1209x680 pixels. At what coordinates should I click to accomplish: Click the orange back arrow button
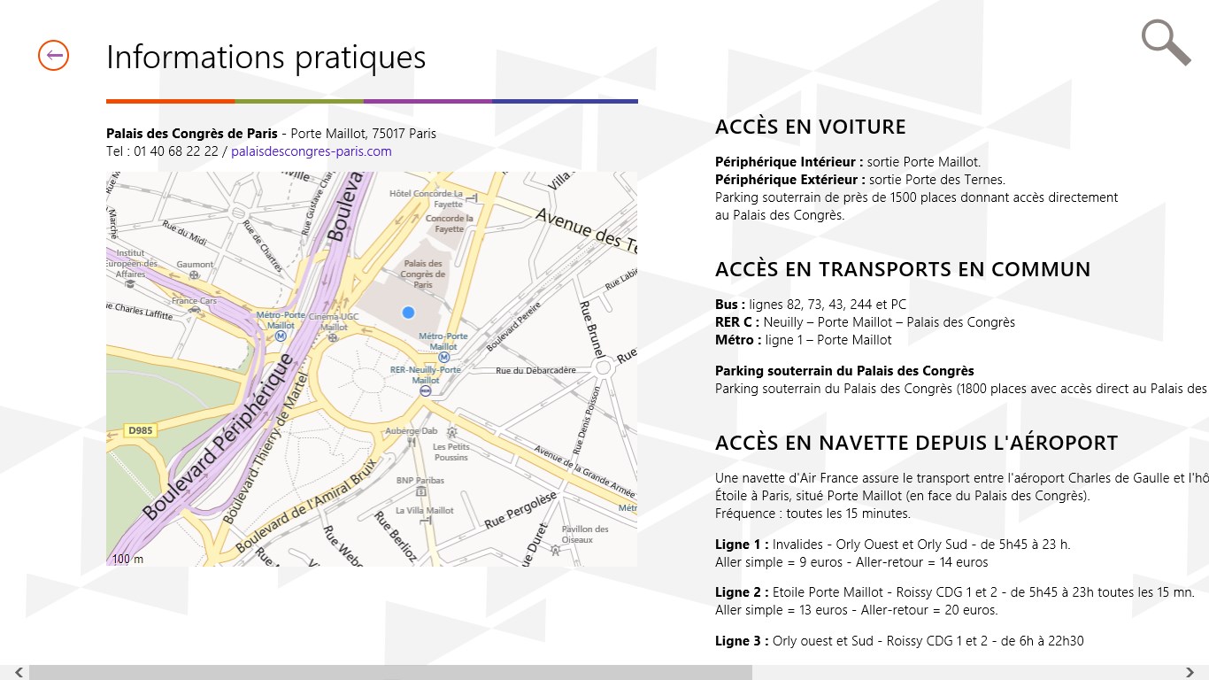pos(53,56)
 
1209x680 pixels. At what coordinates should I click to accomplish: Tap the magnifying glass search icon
pos(1165,42)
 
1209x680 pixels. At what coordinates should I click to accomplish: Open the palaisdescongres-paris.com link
pos(311,151)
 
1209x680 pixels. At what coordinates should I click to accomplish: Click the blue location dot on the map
pos(408,313)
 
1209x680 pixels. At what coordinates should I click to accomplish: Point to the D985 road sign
pos(140,430)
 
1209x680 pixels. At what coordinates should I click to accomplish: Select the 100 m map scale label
pos(127,559)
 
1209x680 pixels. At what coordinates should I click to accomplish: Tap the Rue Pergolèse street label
pos(520,512)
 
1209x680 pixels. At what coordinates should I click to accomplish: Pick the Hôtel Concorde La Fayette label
pos(427,198)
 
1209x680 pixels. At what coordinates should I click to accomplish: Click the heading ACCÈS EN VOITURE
pos(810,127)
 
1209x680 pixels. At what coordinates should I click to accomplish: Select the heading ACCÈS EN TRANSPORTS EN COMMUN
pos(902,269)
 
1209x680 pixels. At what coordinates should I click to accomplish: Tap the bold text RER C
pos(736,322)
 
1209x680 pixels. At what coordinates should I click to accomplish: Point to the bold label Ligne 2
pos(741,592)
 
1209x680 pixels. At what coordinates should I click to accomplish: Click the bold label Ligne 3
pos(741,641)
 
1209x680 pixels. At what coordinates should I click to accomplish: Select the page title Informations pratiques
pos(266,57)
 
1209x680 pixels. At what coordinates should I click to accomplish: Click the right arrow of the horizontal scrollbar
pos(1190,672)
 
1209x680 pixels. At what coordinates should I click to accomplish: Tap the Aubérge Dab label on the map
pos(412,430)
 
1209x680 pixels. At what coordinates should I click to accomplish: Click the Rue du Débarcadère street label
pos(536,370)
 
